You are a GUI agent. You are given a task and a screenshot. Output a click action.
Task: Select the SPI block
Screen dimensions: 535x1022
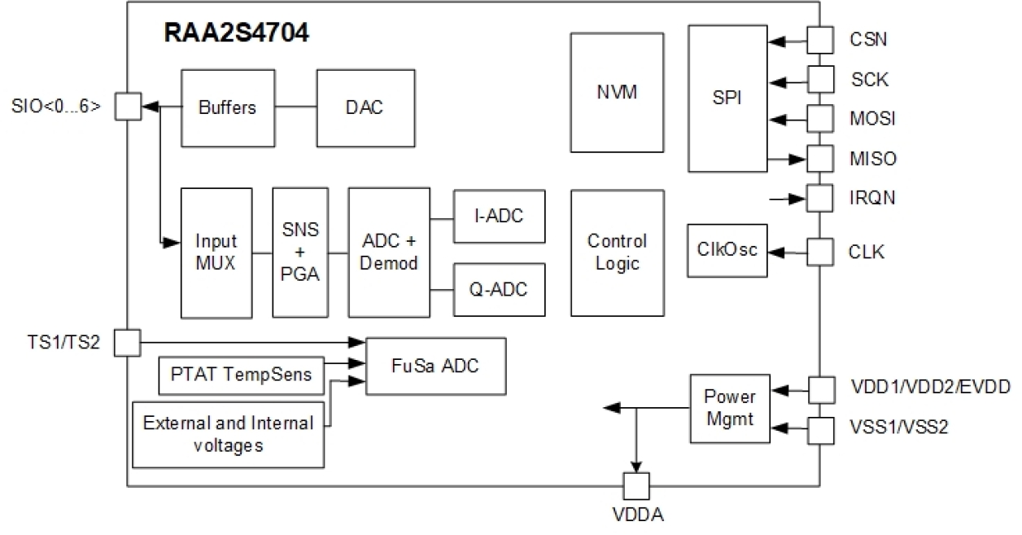point(727,97)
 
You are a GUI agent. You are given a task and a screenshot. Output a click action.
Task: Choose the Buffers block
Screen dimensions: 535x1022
point(227,107)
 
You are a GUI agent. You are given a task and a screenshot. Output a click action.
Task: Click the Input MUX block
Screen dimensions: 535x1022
point(216,252)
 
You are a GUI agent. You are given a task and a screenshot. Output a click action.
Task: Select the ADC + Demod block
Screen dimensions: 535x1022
point(388,252)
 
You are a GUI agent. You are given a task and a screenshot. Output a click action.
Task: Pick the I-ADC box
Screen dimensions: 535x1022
point(499,217)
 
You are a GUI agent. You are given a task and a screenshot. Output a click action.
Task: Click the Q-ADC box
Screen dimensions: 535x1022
point(499,289)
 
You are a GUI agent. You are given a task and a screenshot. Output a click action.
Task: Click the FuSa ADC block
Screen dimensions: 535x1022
point(436,366)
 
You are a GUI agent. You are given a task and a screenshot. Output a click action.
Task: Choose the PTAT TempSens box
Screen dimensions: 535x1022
point(240,373)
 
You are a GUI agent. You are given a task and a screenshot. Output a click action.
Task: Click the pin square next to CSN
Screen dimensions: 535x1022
point(819,38)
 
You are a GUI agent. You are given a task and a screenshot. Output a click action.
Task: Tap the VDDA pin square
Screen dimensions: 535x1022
point(635,487)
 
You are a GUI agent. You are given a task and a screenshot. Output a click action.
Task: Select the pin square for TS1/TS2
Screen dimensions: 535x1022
point(127,342)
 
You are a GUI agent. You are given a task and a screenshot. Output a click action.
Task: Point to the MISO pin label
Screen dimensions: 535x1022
point(872,158)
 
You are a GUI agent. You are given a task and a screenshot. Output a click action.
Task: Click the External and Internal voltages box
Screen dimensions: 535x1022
point(228,434)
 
